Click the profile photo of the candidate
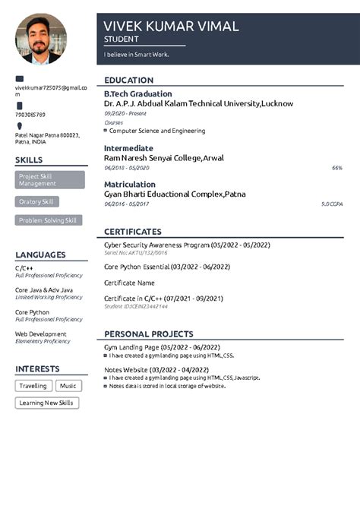pyautogui.click(x=41, y=39)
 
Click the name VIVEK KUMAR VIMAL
pyautogui.click(x=171, y=26)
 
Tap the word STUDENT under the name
pyautogui.click(x=122, y=39)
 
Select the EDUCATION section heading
pyautogui.click(x=129, y=81)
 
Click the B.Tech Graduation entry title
pyautogui.click(x=138, y=93)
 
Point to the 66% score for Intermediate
pyautogui.click(x=337, y=167)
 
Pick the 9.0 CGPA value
pyautogui.click(x=332, y=204)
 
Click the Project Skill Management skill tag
pyautogui.click(x=50, y=180)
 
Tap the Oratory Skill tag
pyautogui.click(x=37, y=202)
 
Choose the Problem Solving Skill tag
pyautogui.click(x=49, y=220)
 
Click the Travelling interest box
pyautogui.click(x=33, y=386)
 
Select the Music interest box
pyautogui.click(x=69, y=386)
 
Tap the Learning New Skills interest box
pyautogui.click(x=47, y=403)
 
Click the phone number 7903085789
pyautogui.click(x=30, y=115)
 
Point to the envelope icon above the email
pyautogui.click(x=20, y=79)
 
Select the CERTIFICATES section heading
pyautogui.click(x=133, y=232)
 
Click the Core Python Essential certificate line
pyautogui.click(x=167, y=267)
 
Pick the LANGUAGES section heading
pyautogui.click(x=40, y=255)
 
